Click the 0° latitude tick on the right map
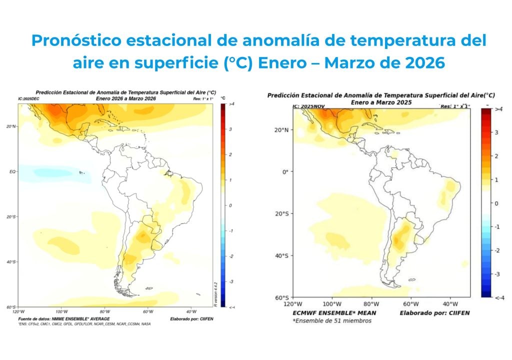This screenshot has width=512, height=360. (284, 171)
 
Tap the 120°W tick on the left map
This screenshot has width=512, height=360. (18, 311)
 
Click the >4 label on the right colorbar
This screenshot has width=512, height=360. (498, 109)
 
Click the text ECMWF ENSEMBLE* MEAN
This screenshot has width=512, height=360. (334, 313)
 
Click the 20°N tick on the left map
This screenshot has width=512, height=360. (11, 126)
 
